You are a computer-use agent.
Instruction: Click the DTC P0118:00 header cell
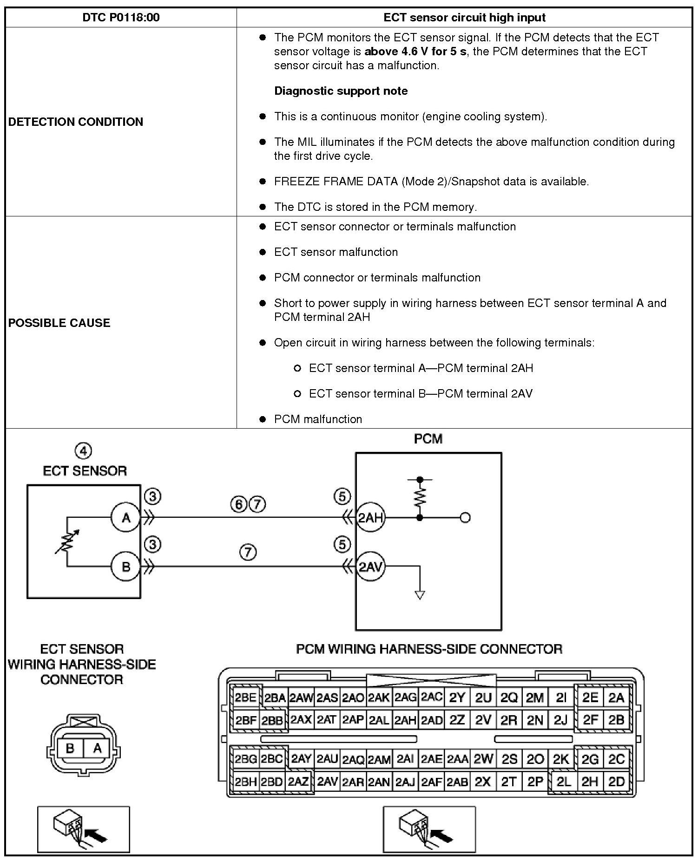pyautogui.click(x=121, y=18)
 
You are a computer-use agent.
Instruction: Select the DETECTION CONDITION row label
pyautogui.click(x=76, y=122)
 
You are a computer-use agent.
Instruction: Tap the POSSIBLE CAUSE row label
pyautogui.click(x=59, y=323)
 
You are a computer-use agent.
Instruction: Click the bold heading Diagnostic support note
pyautogui.click(x=341, y=91)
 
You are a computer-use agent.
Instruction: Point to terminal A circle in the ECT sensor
pyautogui.click(x=125, y=517)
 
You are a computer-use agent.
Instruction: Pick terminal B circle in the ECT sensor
pyautogui.click(x=125, y=567)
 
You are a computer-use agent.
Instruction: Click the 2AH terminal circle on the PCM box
pyautogui.click(x=370, y=517)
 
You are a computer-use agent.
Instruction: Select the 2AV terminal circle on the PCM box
pyautogui.click(x=370, y=567)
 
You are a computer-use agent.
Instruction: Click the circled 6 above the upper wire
pyautogui.click(x=238, y=504)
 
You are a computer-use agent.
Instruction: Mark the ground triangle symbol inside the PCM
pyautogui.click(x=420, y=595)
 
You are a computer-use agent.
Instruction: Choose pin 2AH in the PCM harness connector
pyautogui.click(x=405, y=720)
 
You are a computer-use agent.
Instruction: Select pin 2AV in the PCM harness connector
pyautogui.click(x=327, y=782)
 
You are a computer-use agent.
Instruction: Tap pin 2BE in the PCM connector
pyautogui.click(x=245, y=698)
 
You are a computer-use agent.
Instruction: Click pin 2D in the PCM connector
pyautogui.click(x=616, y=782)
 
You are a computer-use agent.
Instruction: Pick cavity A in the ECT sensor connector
pyautogui.click(x=97, y=748)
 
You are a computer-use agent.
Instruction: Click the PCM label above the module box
pyautogui.click(x=428, y=439)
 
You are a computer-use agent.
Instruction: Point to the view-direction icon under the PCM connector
pyautogui.click(x=429, y=829)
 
